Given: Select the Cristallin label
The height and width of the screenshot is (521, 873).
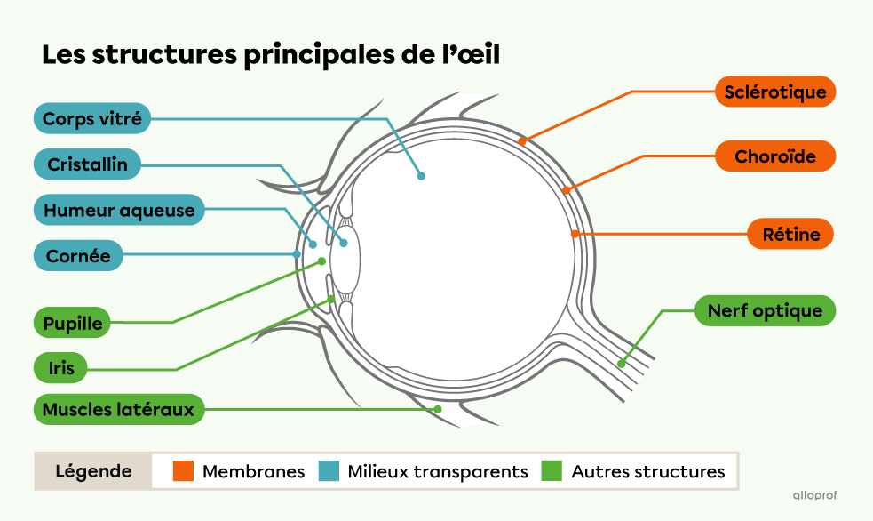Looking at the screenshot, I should coord(88,164).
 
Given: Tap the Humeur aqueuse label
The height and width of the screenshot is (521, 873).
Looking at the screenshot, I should coord(119,211).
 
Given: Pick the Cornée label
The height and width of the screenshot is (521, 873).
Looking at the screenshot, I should coord(78,256).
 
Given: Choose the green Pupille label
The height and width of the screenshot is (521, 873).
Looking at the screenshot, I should coord(74,323).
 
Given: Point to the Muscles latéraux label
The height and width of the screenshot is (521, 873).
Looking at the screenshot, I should coord(118,410).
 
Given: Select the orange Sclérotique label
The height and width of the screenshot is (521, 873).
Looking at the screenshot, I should coord(774,92).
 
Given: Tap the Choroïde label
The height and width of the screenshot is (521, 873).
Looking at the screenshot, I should coord(774,156).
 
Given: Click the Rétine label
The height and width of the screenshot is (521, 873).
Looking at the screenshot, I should coord(790,235).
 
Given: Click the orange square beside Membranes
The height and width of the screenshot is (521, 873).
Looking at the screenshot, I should coord(184,471).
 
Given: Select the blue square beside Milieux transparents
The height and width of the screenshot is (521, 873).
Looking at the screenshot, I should coord(329,471).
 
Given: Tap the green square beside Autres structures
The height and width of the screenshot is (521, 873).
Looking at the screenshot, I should coord(552,471).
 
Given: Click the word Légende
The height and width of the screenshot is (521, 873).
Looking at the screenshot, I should coord(93,471).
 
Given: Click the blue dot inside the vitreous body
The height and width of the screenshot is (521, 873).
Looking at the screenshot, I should coord(422,176).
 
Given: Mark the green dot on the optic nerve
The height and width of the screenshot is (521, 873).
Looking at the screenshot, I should coord(622,364).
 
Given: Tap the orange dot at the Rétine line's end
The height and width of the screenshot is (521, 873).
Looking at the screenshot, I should coord(575,234).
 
